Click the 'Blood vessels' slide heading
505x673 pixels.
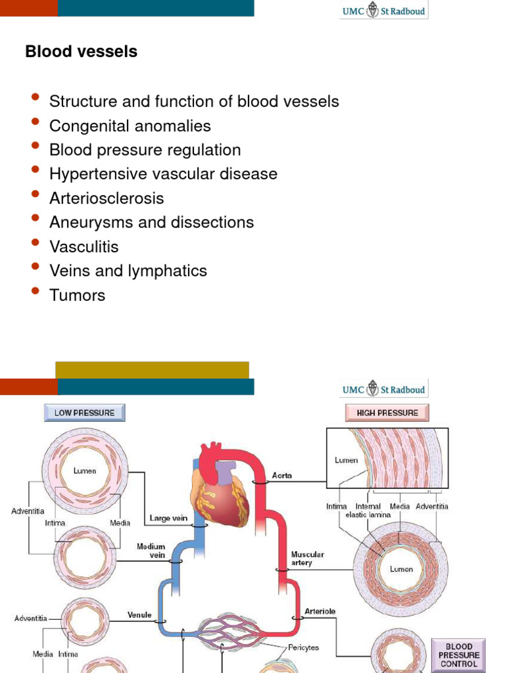pyautogui.click(x=81, y=52)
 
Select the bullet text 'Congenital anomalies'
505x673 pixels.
pyautogui.click(x=130, y=126)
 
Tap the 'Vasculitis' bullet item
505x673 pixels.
pyautogui.click(x=84, y=246)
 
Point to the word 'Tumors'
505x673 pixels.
pyautogui.click(x=77, y=295)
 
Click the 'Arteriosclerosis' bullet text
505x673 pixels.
pyautogui.click(x=106, y=198)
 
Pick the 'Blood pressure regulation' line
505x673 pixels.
pyautogui.click(x=145, y=150)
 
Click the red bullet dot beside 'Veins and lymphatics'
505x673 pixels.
pyautogui.click(x=36, y=267)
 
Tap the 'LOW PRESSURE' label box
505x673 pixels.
pyautogui.click(x=84, y=413)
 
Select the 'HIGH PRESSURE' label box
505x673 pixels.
pyautogui.click(x=387, y=413)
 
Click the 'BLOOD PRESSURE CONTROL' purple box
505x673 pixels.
pyautogui.click(x=458, y=655)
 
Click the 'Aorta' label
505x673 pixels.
pyautogui.click(x=283, y=475)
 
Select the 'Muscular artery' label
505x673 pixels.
pyautogui.click(x=307, y=559)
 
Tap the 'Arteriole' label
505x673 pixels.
pyautogui.click(x=320, y=611)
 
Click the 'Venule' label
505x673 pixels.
pyautogui.click(x=139, y=615)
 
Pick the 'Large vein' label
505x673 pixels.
pyautogui.click(x=168, y=518)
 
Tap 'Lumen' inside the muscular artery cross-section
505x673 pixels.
pyautogui.click(x=401, y=569)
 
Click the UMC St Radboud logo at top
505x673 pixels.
pyautogui.click(x=383, y=11)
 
